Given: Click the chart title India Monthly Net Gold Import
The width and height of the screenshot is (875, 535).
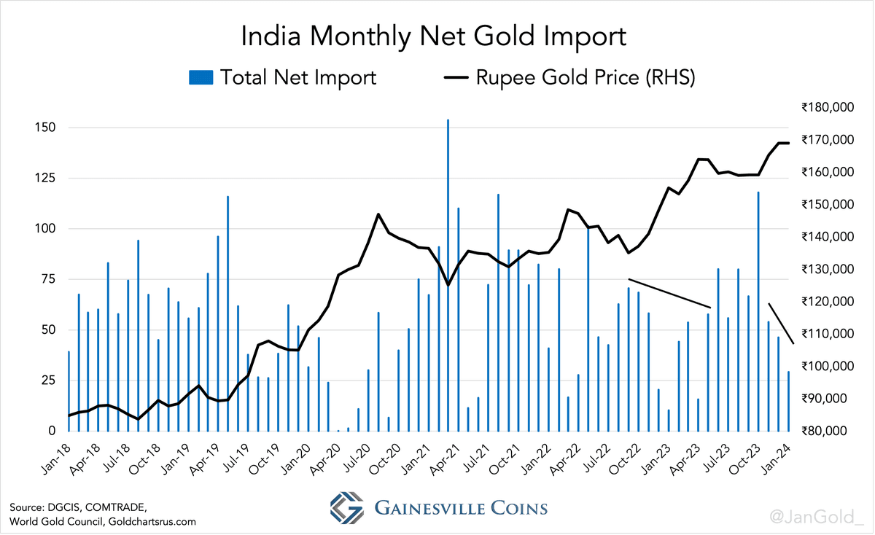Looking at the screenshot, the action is pyautogui.click(x=434, y=36).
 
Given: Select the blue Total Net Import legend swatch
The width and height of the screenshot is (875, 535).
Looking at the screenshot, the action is pyautogui.click(x=201, y=77).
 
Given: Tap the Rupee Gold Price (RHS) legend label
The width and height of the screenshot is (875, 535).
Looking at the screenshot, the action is pyautogui.click(x=586, y=77).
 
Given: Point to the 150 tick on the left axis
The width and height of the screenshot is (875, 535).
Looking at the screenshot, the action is pyautogui.click(x=45, y=128).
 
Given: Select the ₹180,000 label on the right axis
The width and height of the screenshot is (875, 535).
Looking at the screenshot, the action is pyautogui.click(x=828, y=107).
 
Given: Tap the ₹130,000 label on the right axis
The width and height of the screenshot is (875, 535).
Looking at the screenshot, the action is pyautogui.click(x=828, y=269).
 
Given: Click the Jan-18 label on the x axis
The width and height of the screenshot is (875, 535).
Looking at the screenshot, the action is pyautogui.click(x=56, y=460).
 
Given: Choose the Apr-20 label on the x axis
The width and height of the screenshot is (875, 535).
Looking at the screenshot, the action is pyautogui.click(x=326, y=460).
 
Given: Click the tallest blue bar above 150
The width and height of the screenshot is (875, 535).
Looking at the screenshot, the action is pyautogui.click(x=448, y=276).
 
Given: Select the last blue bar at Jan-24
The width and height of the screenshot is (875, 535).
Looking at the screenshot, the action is pyautogui.click(x=788, y=402).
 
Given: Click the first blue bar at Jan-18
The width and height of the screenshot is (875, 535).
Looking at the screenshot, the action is pyautogui.click(x=69, y=391).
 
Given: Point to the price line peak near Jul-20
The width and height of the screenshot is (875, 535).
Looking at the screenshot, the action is pyautogui.click(x=378, y=214).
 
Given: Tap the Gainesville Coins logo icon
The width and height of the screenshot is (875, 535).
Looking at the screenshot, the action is pyautogui.click(x=346, y=507).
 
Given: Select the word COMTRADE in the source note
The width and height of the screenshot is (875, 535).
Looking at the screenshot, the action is pyautogui.click(x=116, y=507).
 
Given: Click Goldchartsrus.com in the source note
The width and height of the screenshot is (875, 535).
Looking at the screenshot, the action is pyautogui.click(x=152, y=522).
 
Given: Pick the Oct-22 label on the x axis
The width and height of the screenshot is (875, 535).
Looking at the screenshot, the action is pyautogui.click(x=625, y=460).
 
